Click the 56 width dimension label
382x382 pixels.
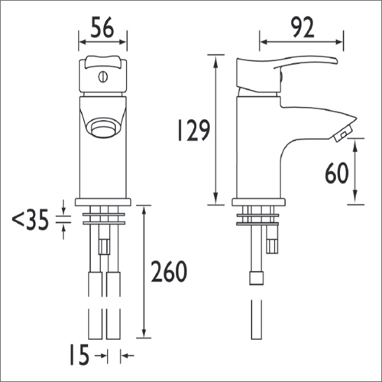tap(102, 28)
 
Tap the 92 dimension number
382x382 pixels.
tap(303, 28)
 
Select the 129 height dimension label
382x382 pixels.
tap(193, 131)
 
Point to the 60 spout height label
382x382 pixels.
tap(337, 173)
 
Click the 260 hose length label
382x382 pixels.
tap(169, 271)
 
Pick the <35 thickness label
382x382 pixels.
tap(31, 219)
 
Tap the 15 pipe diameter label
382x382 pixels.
tap(79, 354)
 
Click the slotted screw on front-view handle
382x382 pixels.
tap(103, 76)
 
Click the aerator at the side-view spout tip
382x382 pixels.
tap(344, 134)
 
